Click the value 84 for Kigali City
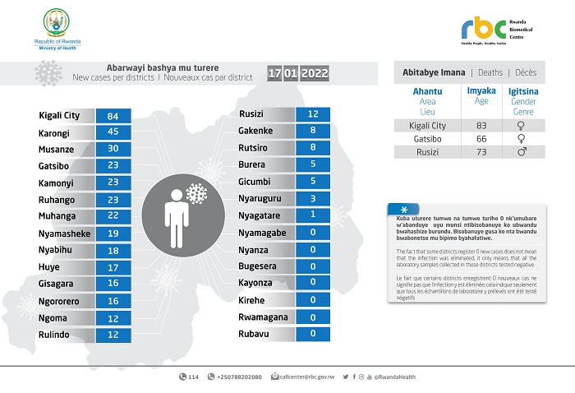point(113,117)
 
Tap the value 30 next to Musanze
point(113,150)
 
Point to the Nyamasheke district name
point(65,233)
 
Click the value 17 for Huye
point(113,267)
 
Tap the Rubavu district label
point(254,333)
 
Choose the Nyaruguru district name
point(260,199)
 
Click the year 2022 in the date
point(315,74)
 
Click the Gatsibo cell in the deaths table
point(426,138)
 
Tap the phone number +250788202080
point(240,377)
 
